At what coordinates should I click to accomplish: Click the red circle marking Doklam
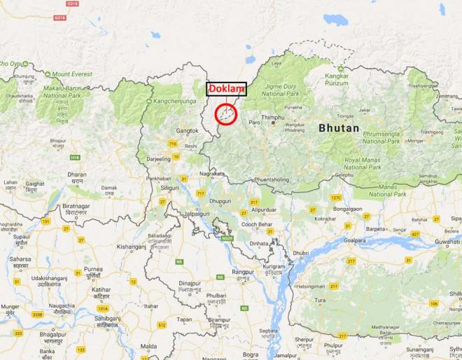click(x=225, y=115)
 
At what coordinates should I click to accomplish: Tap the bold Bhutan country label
click(x=339, y=128)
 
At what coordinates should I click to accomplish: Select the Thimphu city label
click(x=273, y=117)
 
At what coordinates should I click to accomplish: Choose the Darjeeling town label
click(x=158, y=159)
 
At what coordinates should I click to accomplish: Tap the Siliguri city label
click(x=167, y=188)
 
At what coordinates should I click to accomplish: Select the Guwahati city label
click(x=447, y=241)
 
